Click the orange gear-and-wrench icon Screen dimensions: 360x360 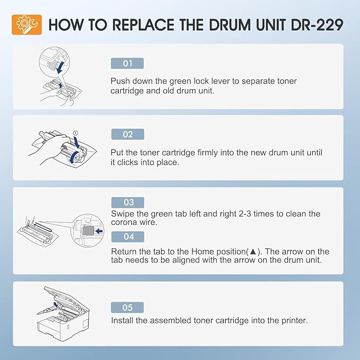click(27, 24)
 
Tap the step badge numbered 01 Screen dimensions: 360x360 click(127, 64)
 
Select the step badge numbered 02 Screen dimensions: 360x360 click(127, 135)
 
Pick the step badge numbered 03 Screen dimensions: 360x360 click(127, 203)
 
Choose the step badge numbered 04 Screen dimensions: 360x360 click(127, 237)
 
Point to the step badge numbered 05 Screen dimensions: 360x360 click(127, 308)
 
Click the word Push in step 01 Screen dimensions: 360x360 click(120, 81)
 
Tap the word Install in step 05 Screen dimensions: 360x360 click(122, 321)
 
